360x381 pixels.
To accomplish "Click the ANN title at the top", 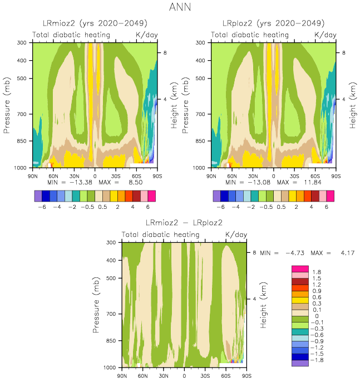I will click(179, 7).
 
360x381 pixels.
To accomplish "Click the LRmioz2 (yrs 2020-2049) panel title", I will click(95, 23).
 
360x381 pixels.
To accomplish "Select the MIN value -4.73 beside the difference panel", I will click(295, 253).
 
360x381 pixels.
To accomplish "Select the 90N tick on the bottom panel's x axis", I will click(122, 376).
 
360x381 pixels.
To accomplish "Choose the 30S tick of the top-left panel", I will click(116, 175).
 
